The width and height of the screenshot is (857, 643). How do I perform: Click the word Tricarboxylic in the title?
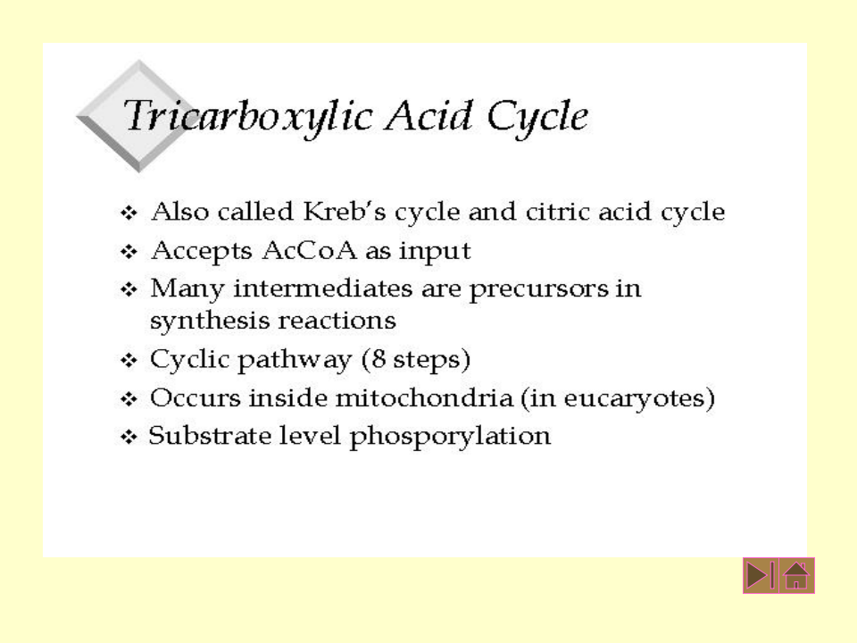point(249,117)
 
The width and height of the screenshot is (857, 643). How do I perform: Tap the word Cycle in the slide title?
point(537,117)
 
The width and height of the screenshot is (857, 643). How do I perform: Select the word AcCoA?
point(310,250)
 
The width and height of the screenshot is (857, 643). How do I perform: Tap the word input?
point(435,252)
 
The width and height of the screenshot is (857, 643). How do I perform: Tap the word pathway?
point(294,360)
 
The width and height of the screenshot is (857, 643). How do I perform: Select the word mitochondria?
point(424,397)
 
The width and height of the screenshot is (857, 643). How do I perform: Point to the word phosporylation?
point(450,438)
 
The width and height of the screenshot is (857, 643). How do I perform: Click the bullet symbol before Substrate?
point(129,438)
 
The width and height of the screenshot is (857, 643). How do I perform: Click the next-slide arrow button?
point(761,575)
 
